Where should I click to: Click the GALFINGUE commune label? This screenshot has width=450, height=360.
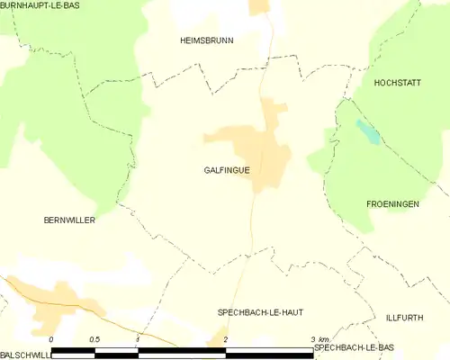pos(227,169)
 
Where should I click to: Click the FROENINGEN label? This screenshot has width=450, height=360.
pos(392,204)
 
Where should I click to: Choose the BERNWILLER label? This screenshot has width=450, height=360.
pos(69,220)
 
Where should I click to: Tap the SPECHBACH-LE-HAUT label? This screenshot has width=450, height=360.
pos(260,311)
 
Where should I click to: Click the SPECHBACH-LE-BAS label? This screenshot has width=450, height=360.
pos(355,346)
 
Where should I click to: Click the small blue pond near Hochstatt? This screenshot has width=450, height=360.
pos(367,132)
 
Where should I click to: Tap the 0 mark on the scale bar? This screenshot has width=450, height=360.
pos(51,339)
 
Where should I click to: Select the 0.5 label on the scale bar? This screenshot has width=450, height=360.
pos(94,339)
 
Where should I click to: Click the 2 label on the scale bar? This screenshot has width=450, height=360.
pos(226,339)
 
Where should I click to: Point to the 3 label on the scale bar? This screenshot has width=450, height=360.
pos(312,339)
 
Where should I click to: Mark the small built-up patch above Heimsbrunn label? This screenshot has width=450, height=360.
pos(260,5)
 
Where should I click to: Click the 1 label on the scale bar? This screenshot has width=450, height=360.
pos(138,339)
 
